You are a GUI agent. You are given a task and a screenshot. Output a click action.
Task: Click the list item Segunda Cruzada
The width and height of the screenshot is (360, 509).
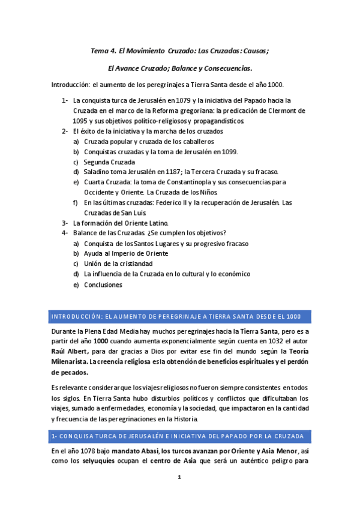[x=109, y=162]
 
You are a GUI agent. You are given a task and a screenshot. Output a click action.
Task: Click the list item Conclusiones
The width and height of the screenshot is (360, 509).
[x=103, y=285]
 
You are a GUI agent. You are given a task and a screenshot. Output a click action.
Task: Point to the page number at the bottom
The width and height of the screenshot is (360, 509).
[x=179, y=477]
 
